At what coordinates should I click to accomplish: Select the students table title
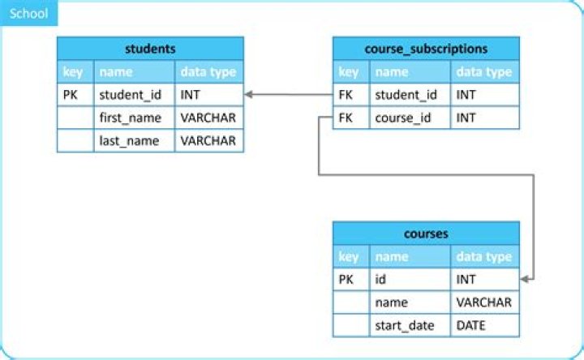click(150, 48)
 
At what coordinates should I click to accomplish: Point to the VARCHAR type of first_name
click(208, 118)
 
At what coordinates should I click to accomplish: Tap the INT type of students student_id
click(191, 95)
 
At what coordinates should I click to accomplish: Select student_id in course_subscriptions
click(406, 95)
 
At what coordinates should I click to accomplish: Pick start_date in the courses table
click(405, 325)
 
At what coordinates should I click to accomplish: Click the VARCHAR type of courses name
click(484, 302)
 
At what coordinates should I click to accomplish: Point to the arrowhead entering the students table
click(249, 95)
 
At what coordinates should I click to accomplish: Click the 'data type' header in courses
click(484, 257)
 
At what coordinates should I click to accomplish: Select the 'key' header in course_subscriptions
click(349, 72)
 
